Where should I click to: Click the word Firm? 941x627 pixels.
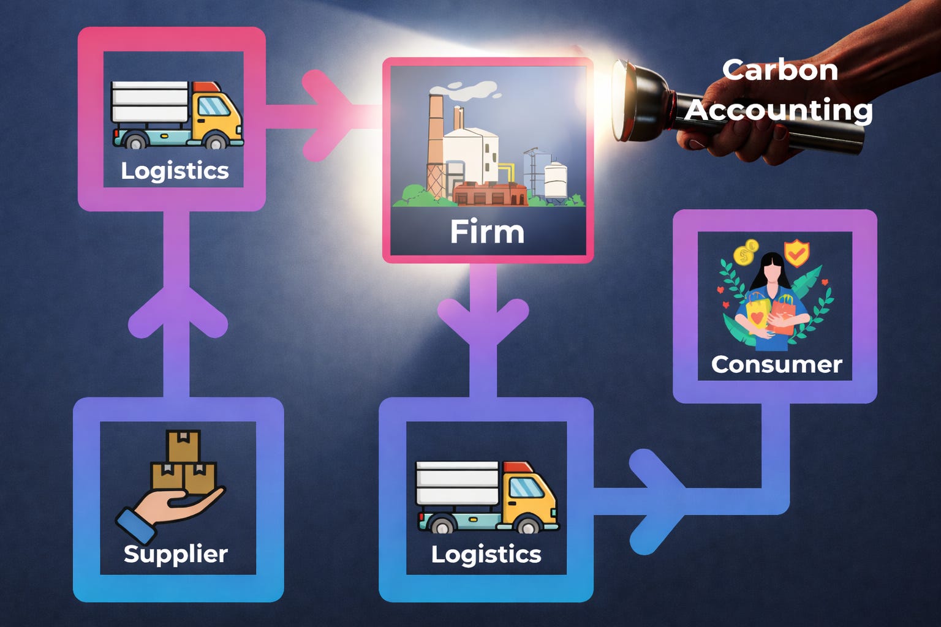[487, 232]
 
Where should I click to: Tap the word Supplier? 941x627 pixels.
[176, 554]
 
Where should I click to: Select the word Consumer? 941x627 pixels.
[776, 364]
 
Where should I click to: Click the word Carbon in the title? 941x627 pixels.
[780, 70]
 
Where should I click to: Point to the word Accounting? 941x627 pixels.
[779, 110]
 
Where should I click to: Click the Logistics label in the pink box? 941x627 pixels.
[175, 171]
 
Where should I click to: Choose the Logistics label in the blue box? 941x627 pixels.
[486, 554]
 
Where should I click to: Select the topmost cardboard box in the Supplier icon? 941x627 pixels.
[183, 446]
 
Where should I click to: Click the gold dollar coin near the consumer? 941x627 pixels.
[746, 252]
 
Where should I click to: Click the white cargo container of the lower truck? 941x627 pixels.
[457, 482]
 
